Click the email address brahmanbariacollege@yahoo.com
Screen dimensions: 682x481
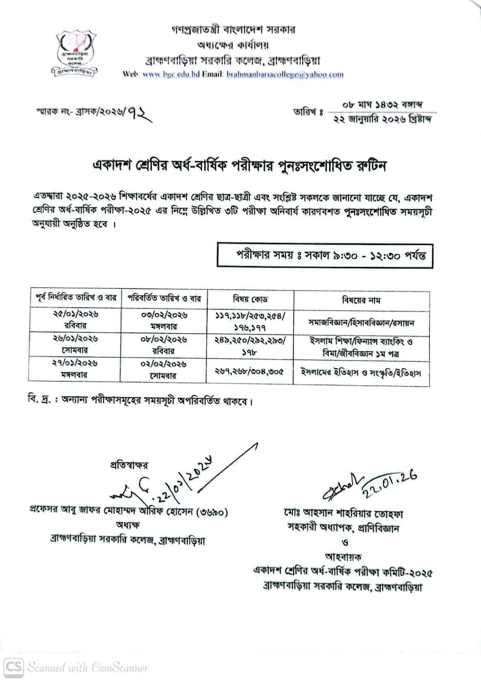285,74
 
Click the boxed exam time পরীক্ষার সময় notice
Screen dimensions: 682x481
324,255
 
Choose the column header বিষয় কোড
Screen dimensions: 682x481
250,299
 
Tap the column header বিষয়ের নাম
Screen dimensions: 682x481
361,300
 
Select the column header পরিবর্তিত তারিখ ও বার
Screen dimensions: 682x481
164,298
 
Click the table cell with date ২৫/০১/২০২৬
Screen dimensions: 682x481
76,314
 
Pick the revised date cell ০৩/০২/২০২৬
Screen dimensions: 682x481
164,315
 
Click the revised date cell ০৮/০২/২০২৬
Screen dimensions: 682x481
164,340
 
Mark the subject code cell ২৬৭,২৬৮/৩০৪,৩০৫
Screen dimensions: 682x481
250,371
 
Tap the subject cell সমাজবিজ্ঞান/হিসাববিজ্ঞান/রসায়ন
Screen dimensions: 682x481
361,322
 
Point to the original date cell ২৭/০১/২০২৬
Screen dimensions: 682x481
76,363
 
